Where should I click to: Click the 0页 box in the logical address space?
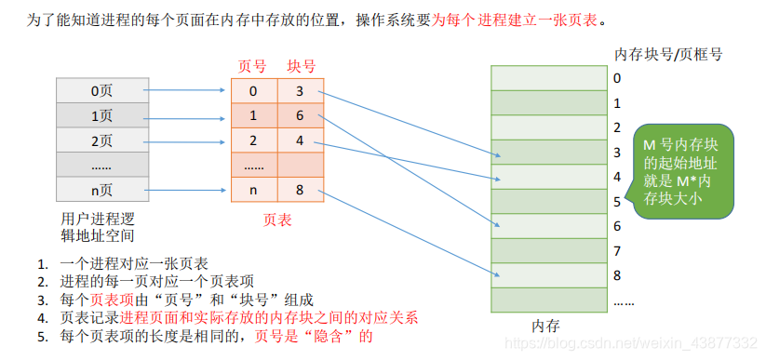point(102,91)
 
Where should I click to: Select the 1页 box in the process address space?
point(102,116)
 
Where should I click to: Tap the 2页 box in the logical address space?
point(102,141)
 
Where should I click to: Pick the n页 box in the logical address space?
point(102,191)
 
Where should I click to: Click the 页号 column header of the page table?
point(252,67)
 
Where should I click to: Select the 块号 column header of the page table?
point(302,67)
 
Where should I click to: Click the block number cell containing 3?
point(300,91)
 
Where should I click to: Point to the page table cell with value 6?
point(300,116)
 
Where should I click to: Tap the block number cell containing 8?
point(300,191)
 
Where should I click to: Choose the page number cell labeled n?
point(253,191)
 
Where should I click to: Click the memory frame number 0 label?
point(617,78)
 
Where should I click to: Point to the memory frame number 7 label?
point(617,251)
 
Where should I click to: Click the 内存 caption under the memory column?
point(545,326)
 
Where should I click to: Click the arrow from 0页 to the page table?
point(189,91)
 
